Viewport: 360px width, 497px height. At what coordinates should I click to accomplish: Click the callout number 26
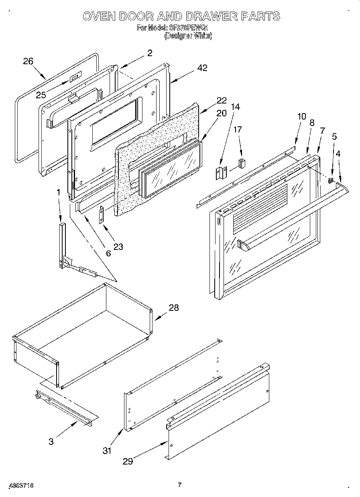point(28,61)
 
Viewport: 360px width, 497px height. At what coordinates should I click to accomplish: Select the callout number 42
point(202,68)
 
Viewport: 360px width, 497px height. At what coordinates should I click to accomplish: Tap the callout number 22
point(221,100)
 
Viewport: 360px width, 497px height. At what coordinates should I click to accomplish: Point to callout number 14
point(235,107)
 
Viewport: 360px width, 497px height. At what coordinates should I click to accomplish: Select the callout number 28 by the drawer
point(173,308)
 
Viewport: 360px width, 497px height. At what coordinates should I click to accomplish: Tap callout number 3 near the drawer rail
point(51,442)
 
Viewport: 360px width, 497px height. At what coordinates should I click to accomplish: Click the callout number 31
point(106,450)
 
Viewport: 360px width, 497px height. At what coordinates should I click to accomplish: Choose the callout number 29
point(128,461)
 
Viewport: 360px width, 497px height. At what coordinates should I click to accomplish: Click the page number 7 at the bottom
point(180,485)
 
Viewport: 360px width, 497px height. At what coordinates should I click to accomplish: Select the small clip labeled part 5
point(331,180)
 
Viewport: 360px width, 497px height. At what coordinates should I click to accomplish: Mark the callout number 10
point(301,117)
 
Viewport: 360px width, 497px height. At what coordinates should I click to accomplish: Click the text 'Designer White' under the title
point(188,36)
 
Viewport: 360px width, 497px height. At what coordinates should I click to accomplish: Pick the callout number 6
point(108,253)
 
